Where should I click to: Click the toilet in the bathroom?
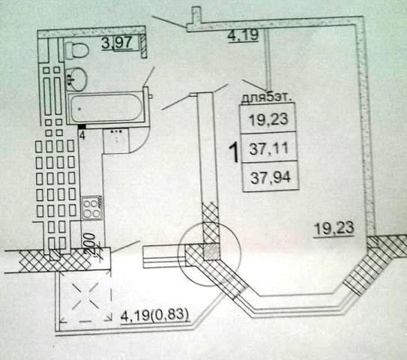pyautogui.click(x=76, y=50)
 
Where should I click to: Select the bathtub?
pyautogui.click(x=106, y=108)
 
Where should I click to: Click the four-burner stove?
pyautogui.click(x=91, y=208)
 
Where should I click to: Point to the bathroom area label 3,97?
pyautogui.click(x=118, y=43)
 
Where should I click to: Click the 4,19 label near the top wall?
pyautogui.click(x=243, y=35)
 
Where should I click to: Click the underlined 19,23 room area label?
pyautogui.click(x=334, y=229)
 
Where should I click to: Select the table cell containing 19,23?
pyautogui.click(x=268, y=118)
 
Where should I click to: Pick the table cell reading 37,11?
pyautogui.click(x=269, y=148)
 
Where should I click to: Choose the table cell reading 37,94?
pyautogui.click(x=270, y=178)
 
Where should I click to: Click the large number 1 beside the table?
pyautogui.click(x=234, y=153)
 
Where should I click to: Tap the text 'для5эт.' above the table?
pyautogui.click(x=266, y=98)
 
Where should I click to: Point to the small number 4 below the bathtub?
pyautogui.click(x=82, y=136)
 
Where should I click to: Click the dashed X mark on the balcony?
pyautogui.click(x=85, y=296)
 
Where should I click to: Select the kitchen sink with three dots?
pyautogui.click(x=116, y=140)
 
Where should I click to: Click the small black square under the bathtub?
pyautogui.click(x=82, y=127)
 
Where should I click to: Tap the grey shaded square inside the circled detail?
pyautogui.click(x=211, y=252)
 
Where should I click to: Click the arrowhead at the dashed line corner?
pyautogui.click(x=109, y=317)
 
